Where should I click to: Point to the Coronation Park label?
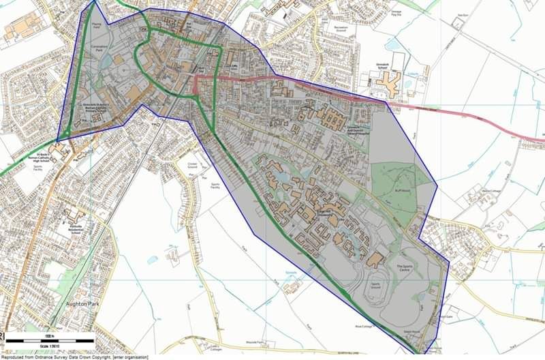pos(102,50)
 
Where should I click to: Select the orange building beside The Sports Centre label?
pos(377,258)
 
